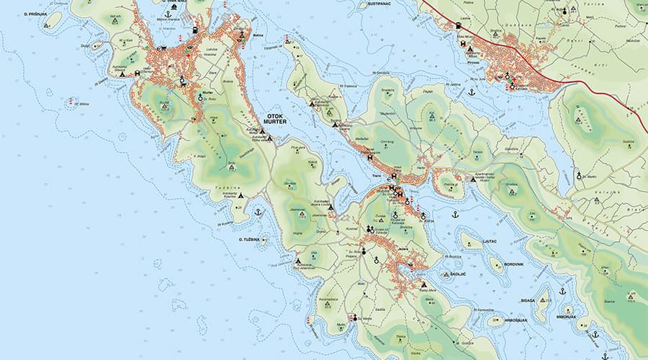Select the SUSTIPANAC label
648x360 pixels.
(379, 4)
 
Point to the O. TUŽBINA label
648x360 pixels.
(253, 238)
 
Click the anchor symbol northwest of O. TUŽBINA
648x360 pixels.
(258, 212)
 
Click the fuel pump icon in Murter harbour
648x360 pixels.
(194, 30)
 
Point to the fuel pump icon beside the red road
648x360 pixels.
(459, 27)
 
